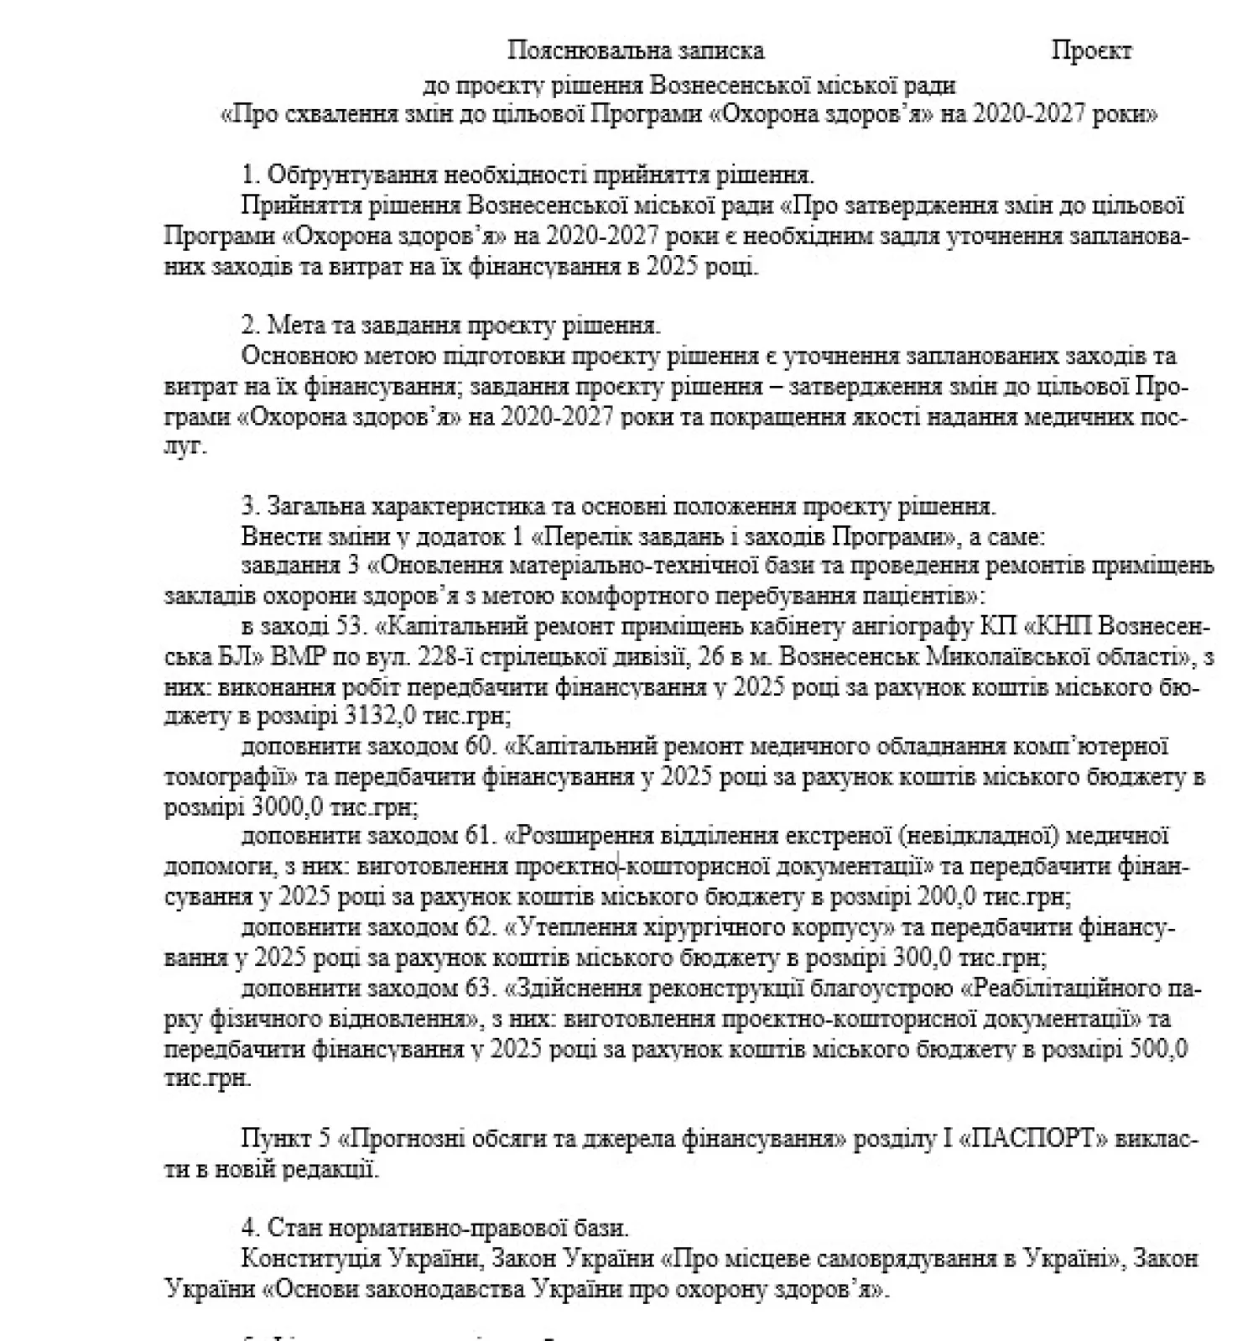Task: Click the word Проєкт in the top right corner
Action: point(1091,51)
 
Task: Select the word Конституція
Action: point(307,1259)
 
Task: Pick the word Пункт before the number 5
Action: point(273,1139)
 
